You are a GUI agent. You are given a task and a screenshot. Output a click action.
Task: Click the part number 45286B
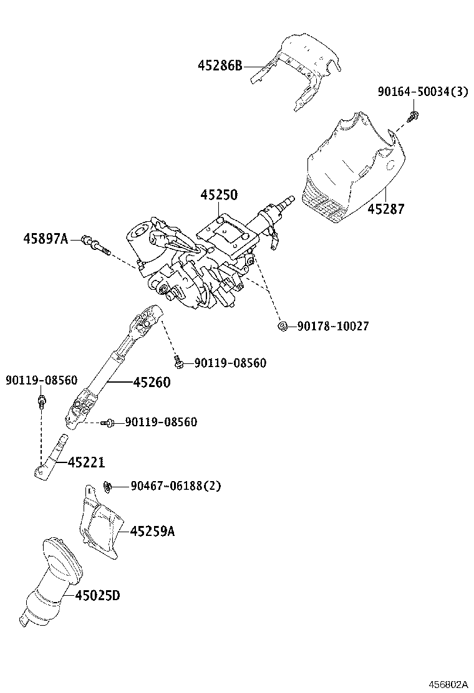pyautogui.click(x=220, y=65)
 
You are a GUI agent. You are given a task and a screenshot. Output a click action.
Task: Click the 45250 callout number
pyautogui.click(x=218, y=195)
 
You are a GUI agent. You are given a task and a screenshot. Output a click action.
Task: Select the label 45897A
pyautogui.click(x=46, y=238)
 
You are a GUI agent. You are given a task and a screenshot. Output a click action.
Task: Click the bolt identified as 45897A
pyautogui.click(x=95, y=244)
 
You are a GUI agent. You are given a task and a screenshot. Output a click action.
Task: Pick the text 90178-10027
pyautogui.click(x=332, y=326)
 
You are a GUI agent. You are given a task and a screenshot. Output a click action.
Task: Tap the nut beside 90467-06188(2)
pyautogui.click(x=107, y=485)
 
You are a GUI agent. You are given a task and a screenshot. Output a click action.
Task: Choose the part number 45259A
pyautogui.click(x=153, y=531)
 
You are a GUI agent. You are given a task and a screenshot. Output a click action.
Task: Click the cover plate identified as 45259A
pyautogui.click(x=100, y=523)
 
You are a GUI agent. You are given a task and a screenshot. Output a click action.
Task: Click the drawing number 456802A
pyautogui.click(x=447, y=684)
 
